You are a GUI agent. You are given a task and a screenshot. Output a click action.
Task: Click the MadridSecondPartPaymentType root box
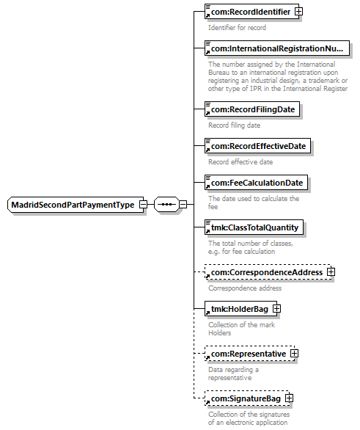[76, 205]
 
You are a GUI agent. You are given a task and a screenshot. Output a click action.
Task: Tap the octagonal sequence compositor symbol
[166, 204]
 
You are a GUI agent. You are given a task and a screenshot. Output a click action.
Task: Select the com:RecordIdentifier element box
[251, 12]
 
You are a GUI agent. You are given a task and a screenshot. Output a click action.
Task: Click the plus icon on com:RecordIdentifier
[298, 12]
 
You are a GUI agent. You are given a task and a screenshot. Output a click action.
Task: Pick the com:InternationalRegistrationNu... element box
[277, 48]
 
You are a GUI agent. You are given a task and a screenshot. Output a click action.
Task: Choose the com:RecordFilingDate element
[252, 109]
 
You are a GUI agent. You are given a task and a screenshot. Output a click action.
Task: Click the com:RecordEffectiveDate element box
[257, 146]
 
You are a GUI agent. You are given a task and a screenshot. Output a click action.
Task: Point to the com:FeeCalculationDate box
[256, 183]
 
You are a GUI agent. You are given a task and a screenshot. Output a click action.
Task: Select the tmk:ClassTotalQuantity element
[254, 227]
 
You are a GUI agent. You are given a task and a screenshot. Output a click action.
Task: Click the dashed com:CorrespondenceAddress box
[268, 272]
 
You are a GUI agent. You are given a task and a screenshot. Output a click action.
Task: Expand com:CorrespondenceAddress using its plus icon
[331, 272]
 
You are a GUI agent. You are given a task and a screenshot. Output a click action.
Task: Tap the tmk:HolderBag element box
[240, 309]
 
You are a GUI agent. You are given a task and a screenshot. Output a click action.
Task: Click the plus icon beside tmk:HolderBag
[276, 309]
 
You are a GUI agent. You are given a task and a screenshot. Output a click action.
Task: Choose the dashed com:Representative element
[249, 354]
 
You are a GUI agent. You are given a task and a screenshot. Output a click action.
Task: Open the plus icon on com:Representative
[294, 354]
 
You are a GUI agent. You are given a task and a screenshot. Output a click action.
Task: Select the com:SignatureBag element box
[247, 398]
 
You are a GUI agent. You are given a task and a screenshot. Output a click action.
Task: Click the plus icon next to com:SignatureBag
[289, 398]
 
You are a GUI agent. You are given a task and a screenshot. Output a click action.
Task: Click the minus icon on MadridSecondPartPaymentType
[143, 204]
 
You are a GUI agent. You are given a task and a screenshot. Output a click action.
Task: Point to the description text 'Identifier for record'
[237, 27]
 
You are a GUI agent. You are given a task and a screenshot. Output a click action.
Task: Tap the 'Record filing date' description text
[234, 125]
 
